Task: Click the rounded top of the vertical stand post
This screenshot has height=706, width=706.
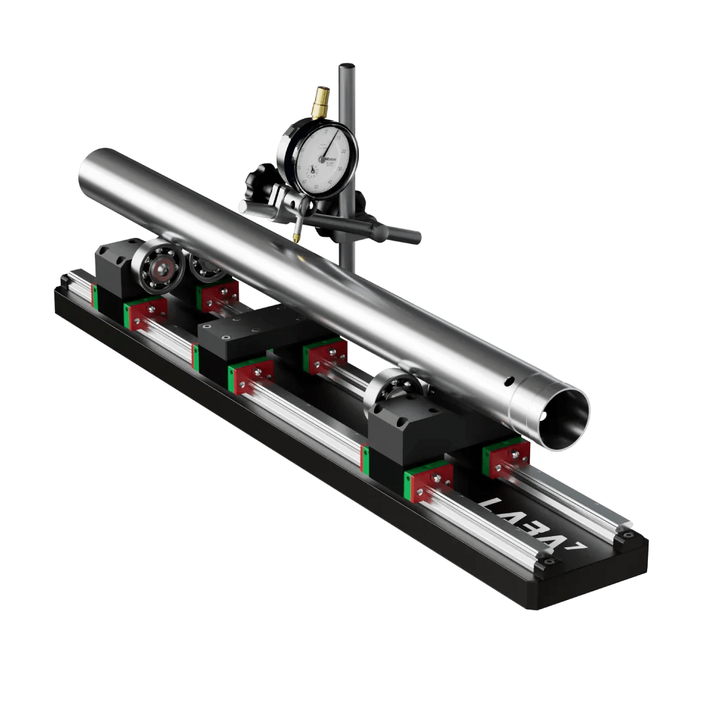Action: click(346, 66)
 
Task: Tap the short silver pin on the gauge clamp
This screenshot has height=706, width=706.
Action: click(244, 207)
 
